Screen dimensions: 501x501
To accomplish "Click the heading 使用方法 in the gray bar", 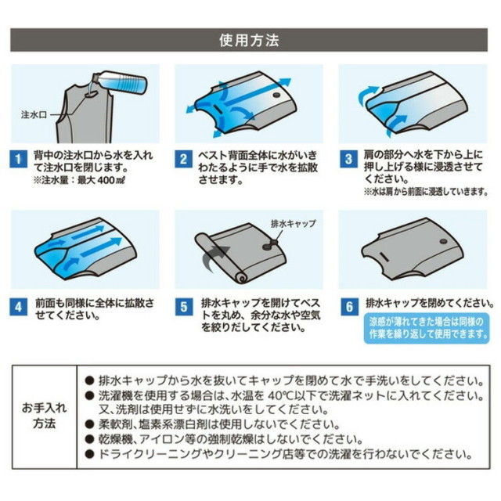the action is pyautogui.click(x=249, y=40).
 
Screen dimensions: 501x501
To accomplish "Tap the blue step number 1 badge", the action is pyautogui.click(x=18, y=159).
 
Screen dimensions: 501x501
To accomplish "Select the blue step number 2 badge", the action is pyautogui.click(x=183, y=159).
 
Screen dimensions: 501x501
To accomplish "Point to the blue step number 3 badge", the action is pyautogui.click(x=348, y=159).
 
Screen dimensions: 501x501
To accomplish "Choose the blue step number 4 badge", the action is pyautogui.click(x=18, y=307).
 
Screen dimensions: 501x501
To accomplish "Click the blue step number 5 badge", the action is pyautogui.click(x=184, y=307).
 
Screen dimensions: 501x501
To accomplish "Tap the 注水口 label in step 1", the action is pyautogui.click(x=34, y=114).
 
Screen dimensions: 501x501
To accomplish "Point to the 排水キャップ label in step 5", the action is pyautogui.click(x=293, y=223).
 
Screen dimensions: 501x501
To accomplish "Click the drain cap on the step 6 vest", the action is pyautogui.click(x=443, y=242).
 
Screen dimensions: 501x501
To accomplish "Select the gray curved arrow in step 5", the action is pyautogui.click(x=214, y=258).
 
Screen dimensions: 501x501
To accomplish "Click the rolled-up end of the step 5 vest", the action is pyautogui.click(x=240, y=277).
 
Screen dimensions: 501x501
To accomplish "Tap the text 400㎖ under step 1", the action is pyautogui.click(x=111, y=180).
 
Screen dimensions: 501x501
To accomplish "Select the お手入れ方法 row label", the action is pyautogui.click(x=44, y=416).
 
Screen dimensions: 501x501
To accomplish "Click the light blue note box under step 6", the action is pyautogui.click(x=427, y=328).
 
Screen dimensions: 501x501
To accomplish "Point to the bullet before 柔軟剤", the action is pyautogui.click(x=89, y=424).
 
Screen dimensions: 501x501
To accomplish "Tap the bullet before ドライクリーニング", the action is pyautogui.click(x=89, y=454).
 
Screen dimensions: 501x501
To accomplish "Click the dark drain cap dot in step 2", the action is pyautogui.click(x=276, y=95).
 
